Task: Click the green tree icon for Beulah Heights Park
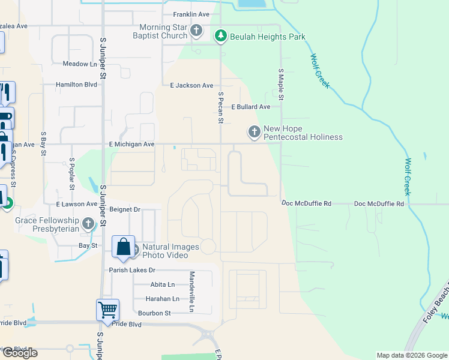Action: click(x=221, y=37)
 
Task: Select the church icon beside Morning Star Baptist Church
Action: click(x=196, y=31)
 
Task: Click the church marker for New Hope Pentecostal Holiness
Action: click(x=254, y=131)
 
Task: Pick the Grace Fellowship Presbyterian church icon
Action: click(x=89, y=224)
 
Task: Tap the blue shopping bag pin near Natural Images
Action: click(x=123, y=247)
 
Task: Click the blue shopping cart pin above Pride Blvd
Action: click(x=107, y=310)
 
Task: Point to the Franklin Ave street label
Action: click(x=190, y=14)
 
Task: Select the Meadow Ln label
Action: click(x=80, y=64)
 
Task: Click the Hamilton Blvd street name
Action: click(x=76, y=85)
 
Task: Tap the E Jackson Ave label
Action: click(x=191, y=86)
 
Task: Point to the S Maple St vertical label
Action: click(x=280, y=84)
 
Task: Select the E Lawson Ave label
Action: click(x=76, y=204)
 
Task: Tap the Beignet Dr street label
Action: click(x=125, y=209)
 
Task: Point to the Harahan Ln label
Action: click(x=162, y=299)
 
